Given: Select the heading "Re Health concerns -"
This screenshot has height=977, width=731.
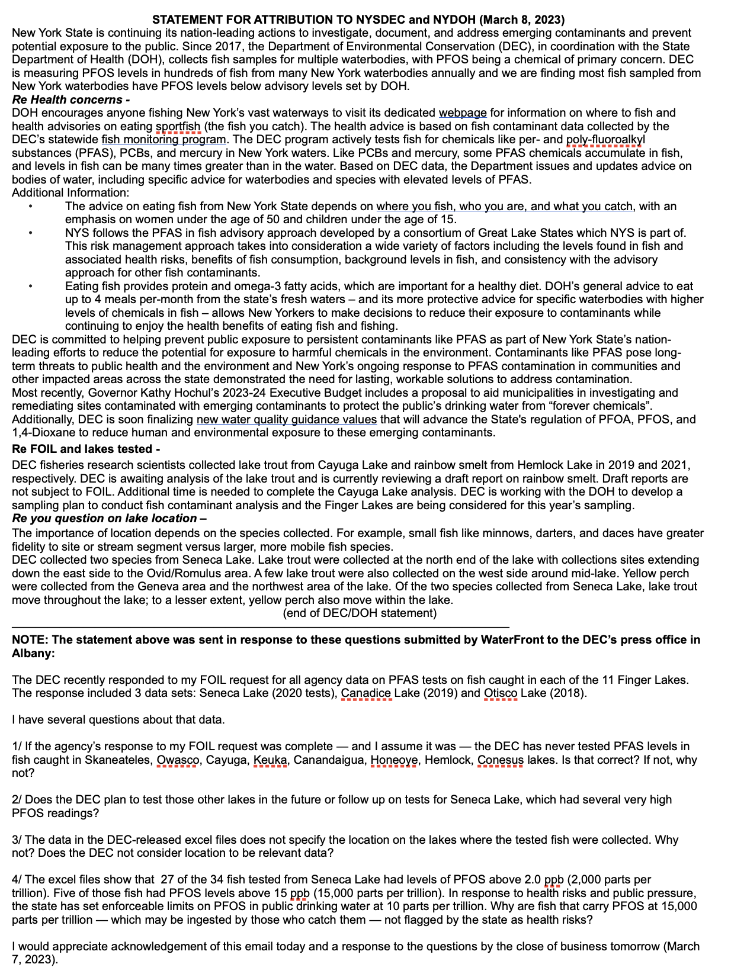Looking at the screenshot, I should coord(70,99).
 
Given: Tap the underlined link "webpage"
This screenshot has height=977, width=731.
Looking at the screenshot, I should coord(462,113).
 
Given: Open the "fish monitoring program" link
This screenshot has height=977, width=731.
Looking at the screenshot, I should coord(163,139).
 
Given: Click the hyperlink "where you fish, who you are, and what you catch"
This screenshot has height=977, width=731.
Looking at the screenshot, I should coord(505,206).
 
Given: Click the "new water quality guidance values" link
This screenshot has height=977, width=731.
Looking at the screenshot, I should coord(286,419).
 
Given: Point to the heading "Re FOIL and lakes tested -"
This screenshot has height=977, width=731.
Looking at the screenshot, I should coord(86,449).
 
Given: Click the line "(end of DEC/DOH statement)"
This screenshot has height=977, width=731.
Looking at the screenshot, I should coord(360,613).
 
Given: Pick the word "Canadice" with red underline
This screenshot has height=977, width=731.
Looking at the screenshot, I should coord(366,693).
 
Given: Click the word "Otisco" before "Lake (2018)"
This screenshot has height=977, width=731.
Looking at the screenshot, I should coord(501,693).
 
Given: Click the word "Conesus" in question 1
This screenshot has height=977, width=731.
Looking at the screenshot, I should coord(501,760).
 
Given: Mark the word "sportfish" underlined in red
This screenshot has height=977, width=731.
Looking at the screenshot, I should coord(178,126).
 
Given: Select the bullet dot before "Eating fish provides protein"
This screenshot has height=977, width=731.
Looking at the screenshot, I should coord(30,287).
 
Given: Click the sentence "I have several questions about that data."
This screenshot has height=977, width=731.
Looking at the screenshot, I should coord(118,719).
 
